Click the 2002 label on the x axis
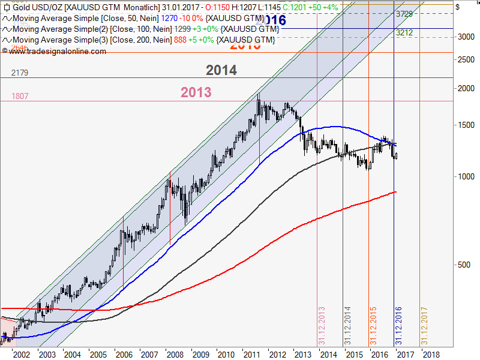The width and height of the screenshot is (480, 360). click(22, 355)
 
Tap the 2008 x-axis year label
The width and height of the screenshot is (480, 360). click(175, 355)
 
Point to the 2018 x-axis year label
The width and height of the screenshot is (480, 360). click(430, 355)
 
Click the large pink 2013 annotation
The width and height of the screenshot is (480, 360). click(196, 92)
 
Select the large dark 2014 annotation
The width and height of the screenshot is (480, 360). click(221, 70)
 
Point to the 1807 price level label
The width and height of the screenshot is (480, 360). click(20, 96)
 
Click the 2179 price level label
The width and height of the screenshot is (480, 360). click(20, 73)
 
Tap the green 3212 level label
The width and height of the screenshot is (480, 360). click(404, 32)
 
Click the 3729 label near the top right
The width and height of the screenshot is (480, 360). click(404, 13)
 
